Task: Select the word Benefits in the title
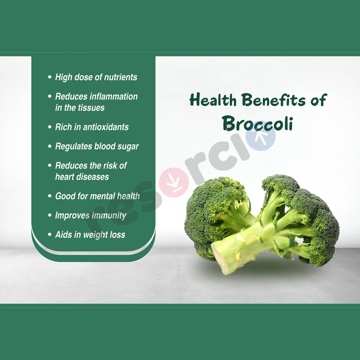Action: (274, 100)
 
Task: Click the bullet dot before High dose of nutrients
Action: (50, 77)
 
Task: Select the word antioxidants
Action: (106, 127)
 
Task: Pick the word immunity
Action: (109, 216)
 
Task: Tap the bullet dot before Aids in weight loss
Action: (50, 235)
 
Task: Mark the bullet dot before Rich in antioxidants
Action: (50, 127)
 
